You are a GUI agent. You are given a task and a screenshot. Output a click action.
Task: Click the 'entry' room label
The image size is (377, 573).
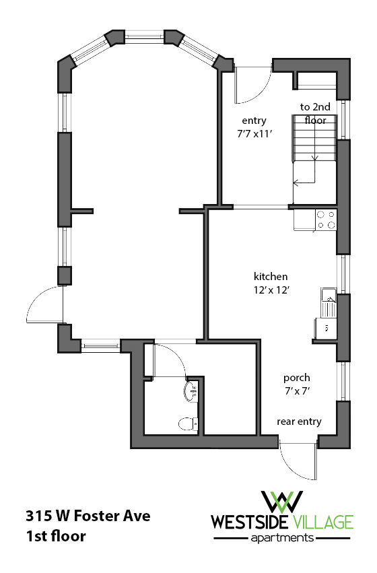coord(254,121)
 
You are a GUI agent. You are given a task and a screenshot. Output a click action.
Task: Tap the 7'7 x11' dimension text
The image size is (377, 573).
coord(254,133)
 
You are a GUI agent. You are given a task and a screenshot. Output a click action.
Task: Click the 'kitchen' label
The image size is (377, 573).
coord(271,277)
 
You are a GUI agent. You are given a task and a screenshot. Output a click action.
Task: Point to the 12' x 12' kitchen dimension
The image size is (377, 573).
coord(271,290)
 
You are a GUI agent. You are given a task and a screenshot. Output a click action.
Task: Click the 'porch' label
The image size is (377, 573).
coord(296,378)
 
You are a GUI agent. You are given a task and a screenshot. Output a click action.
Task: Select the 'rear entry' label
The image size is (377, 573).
coord(299,422)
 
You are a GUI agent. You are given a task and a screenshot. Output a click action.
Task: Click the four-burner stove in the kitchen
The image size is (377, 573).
coord(327,220)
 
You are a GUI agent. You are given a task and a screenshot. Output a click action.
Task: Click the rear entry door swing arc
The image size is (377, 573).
coord(296,461)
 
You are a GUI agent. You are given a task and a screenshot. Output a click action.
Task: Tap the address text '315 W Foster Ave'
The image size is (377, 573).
coord(88,517)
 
